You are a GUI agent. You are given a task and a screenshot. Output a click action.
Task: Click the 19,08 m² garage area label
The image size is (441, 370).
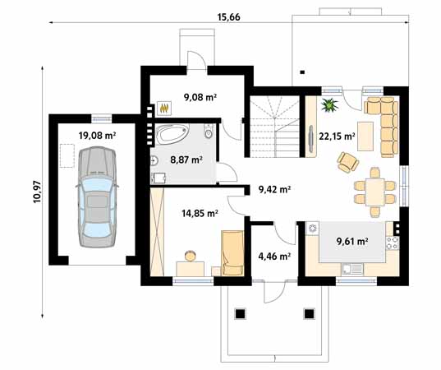coord(97,136)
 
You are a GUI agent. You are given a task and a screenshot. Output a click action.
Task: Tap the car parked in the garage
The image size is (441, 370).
coord(97,197)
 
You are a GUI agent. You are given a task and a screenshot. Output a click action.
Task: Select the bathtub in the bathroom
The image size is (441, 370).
coord(172,134)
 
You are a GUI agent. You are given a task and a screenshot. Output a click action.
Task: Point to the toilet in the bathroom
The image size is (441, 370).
coord(209,132)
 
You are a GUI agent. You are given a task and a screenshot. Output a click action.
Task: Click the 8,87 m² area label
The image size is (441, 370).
coord(186,160)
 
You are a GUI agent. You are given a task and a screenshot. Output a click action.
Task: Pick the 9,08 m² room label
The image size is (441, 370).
coord(200,97)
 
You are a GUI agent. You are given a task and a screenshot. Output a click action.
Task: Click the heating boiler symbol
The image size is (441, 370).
coord(164,108)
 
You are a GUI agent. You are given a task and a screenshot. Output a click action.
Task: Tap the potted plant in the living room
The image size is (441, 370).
coord(329,105)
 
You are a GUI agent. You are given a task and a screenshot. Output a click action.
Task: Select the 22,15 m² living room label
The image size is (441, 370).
coord(337,136)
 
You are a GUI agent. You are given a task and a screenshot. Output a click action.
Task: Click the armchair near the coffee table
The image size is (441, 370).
coord(347,162)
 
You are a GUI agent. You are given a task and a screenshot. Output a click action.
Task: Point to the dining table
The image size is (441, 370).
coord(375,192)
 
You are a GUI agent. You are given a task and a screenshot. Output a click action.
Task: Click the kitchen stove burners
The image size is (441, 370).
coord(393,243)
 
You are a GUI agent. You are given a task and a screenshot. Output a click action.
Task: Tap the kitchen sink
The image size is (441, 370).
coord(352,269)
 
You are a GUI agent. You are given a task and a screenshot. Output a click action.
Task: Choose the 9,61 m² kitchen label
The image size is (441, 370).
coord(352,241)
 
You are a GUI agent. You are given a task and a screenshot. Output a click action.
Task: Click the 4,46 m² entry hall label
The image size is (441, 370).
coord(274,257)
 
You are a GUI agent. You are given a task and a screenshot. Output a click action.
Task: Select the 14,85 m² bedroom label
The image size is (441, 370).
coord(200,214)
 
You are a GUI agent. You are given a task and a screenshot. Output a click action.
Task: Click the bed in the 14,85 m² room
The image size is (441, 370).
coord(232,253)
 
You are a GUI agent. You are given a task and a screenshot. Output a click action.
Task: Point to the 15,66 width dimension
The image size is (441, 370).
coord(228,17)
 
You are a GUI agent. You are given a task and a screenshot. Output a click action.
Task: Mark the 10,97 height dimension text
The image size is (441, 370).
coord(37,192)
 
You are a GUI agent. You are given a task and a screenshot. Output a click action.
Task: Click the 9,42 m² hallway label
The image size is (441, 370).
coord(274,189)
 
